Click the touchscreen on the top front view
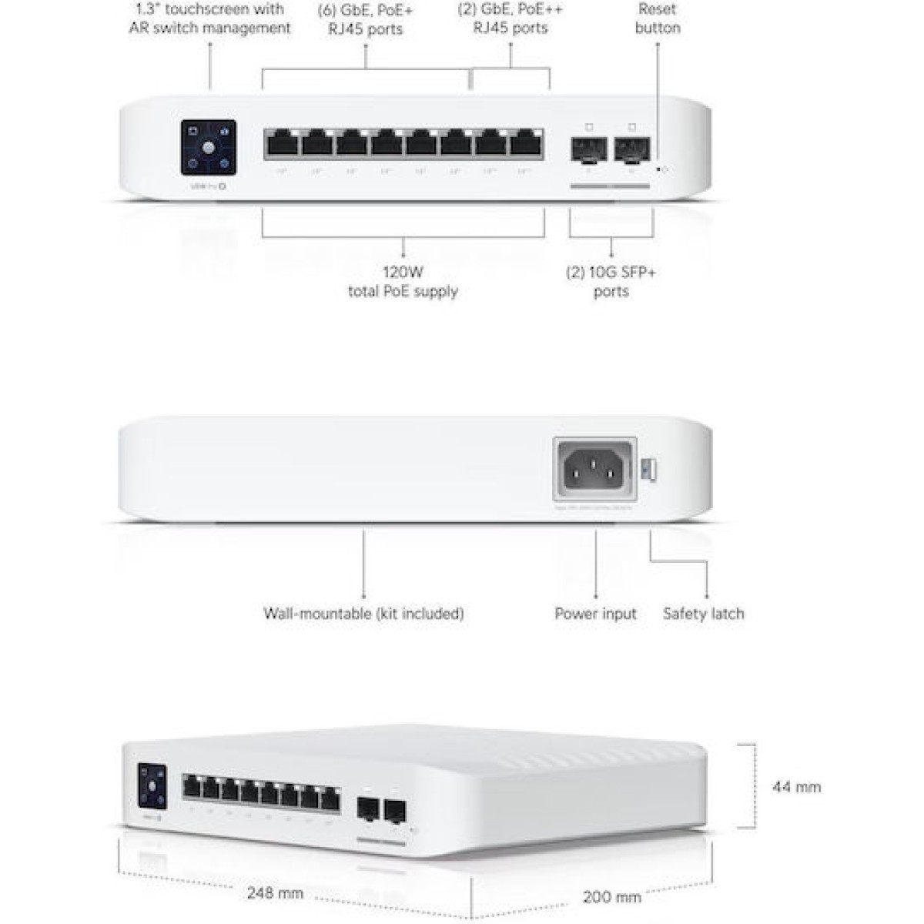tap(208, 147)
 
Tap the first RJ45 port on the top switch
tap(281, 144)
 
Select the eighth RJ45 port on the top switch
tap(527, 144)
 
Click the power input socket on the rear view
tap(594, 469)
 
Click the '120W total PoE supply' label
tap(403, 282)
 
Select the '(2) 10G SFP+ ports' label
tap(611, 282)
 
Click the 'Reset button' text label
tap(657, 18)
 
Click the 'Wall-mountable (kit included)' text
tap(363, 614)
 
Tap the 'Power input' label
tap(595, 614)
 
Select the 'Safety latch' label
tap(703, 614)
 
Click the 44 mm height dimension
tap(796, 787)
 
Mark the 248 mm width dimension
tap(275, 894)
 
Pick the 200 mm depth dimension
tap(611, 897)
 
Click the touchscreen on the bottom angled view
tap(152, 786)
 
